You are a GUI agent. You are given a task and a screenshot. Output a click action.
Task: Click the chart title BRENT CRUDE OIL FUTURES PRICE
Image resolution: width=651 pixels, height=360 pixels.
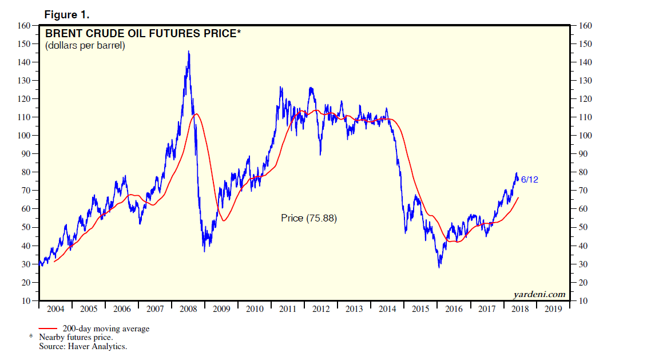coord(142,34)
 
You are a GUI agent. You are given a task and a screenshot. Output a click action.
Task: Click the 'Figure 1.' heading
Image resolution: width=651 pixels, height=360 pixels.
coord(66,14)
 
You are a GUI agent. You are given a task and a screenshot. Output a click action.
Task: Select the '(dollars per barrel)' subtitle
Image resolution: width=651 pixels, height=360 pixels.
coord(85,45)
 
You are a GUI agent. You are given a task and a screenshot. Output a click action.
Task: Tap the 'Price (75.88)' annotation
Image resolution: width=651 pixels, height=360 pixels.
coord(309,218)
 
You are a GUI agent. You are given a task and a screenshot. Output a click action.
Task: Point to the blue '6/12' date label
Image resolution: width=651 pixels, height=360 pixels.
coord(529,180)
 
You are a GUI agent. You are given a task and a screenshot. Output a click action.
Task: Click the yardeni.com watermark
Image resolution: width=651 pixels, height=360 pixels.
coord(539,295)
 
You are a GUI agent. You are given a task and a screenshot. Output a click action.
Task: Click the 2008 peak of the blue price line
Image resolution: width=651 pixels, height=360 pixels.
coord(189,52)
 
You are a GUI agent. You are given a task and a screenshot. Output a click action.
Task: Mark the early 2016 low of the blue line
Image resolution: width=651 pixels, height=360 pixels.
coord(439,267)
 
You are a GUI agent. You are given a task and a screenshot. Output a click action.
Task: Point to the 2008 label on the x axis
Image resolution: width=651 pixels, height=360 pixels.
coord(188,309)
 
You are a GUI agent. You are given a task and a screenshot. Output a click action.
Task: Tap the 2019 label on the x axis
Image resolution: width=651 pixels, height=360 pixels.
coord(553,309)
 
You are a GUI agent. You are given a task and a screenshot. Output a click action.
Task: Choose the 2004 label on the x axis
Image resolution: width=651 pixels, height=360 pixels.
coord(55,309)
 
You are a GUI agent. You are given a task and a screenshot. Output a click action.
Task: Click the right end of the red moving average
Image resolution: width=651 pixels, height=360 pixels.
coord(518,197)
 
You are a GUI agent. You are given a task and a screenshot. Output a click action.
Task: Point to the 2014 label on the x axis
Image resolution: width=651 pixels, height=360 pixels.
coord(387,309)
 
